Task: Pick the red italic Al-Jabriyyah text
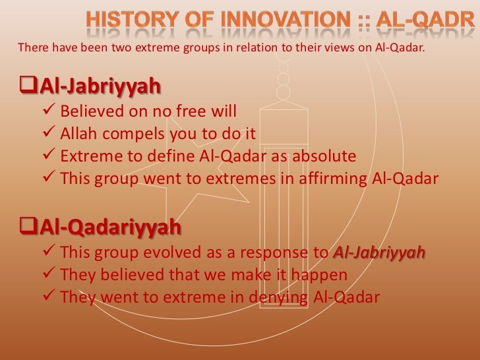pyautogui.click(x=379, y=253)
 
